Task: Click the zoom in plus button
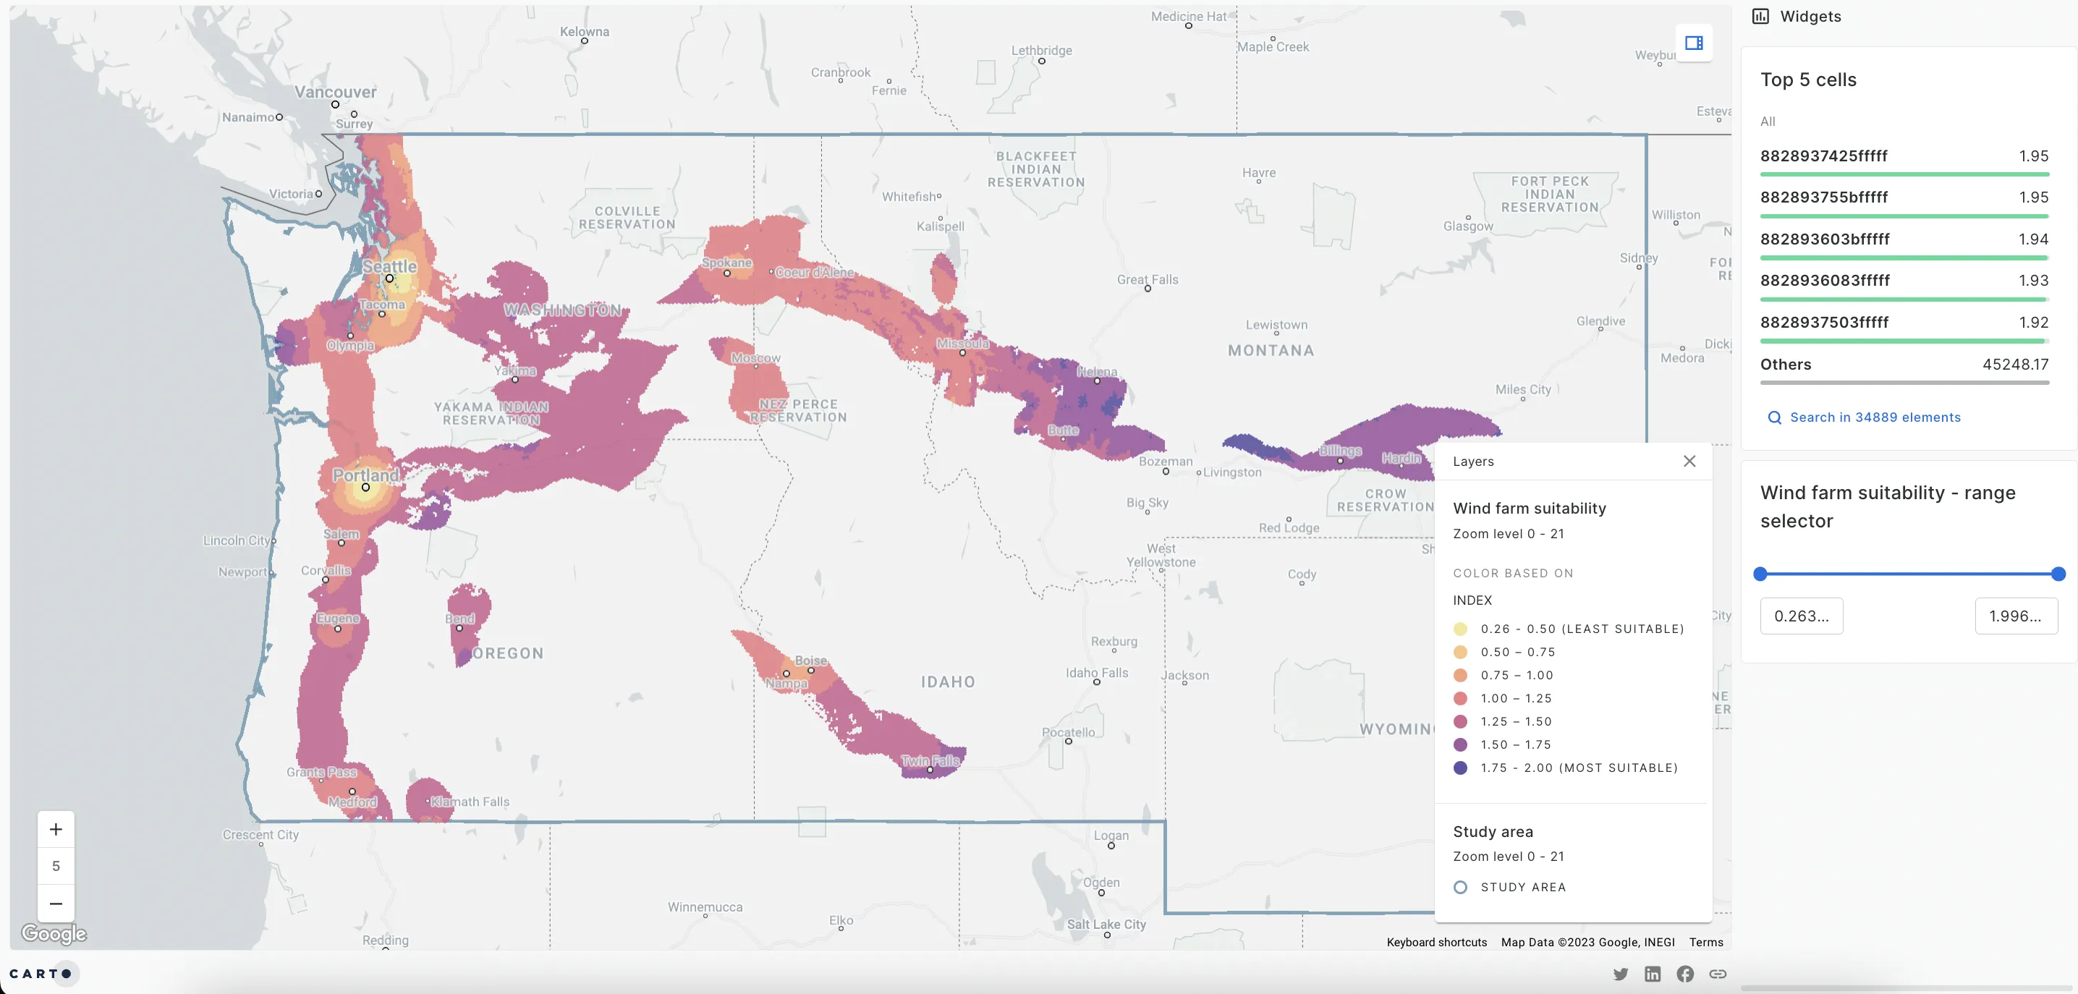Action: [56, 829]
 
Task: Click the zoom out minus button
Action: [56, 904]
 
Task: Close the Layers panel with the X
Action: [1689, 461]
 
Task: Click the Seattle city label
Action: [389, 266]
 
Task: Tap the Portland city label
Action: [365, 475]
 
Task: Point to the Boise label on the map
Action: [810, 660]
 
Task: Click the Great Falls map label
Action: [1147, 279]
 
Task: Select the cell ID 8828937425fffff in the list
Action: [1823, 156]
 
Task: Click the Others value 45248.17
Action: [2014, 364]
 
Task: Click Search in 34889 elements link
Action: [1874, 417]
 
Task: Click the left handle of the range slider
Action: [1760, 574]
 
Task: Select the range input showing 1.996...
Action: [2015, 616]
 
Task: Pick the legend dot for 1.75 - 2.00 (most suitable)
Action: [1460, 768]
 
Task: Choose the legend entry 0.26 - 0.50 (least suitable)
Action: [1581, 629]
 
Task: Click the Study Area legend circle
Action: [1460, 887]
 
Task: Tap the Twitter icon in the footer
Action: [1620, 974]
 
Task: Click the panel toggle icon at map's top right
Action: [1693, 43]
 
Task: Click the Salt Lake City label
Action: [1106, 924]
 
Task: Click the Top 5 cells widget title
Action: [1808, 80]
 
